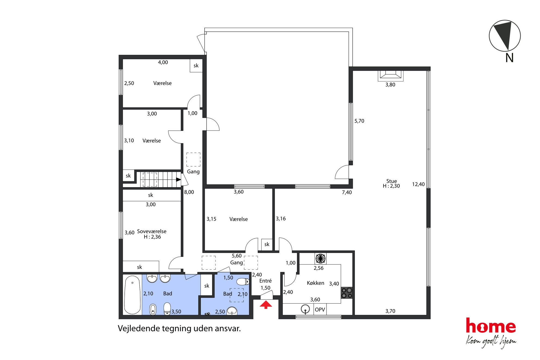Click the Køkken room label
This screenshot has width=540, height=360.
click(x=315, y=283)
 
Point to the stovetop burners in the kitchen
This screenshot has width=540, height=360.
click(x=347, y=293)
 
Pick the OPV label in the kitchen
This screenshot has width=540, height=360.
click(x=320, y=310)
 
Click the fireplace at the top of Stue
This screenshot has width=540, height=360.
click(x=391, y=76)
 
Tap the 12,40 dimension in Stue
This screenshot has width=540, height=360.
click(x=418, y=184)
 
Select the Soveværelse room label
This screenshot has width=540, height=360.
click(x=152, y=231)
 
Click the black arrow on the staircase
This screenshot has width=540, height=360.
click(x=178, y=180)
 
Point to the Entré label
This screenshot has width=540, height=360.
click(x=265, y=281)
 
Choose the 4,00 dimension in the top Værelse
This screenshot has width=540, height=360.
click(x=163, y=62)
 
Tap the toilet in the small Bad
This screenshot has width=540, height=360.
click(x=243, y=281)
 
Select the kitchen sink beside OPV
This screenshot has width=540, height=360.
click(x=305, y=309)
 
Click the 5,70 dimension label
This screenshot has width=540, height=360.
click(x=359, y=121)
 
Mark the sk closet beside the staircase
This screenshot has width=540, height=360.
click(x=128, y=176)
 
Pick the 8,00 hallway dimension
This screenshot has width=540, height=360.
click(x=189, y=192)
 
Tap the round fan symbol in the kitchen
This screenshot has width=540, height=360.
click(x=320, y=258)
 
